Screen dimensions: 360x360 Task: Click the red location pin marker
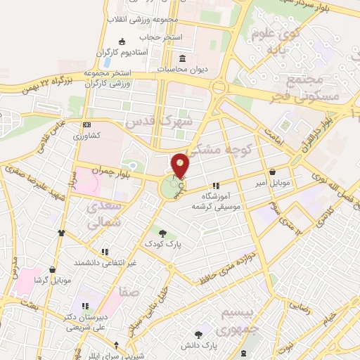tap(181, 165)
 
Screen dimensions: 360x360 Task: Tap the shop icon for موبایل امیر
tap(272, 171)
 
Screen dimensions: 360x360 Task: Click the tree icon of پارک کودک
tap(163, 233)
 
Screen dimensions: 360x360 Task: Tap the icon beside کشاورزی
tap(86, 124)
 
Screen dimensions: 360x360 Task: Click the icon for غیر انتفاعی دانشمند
tap(105, 251)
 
